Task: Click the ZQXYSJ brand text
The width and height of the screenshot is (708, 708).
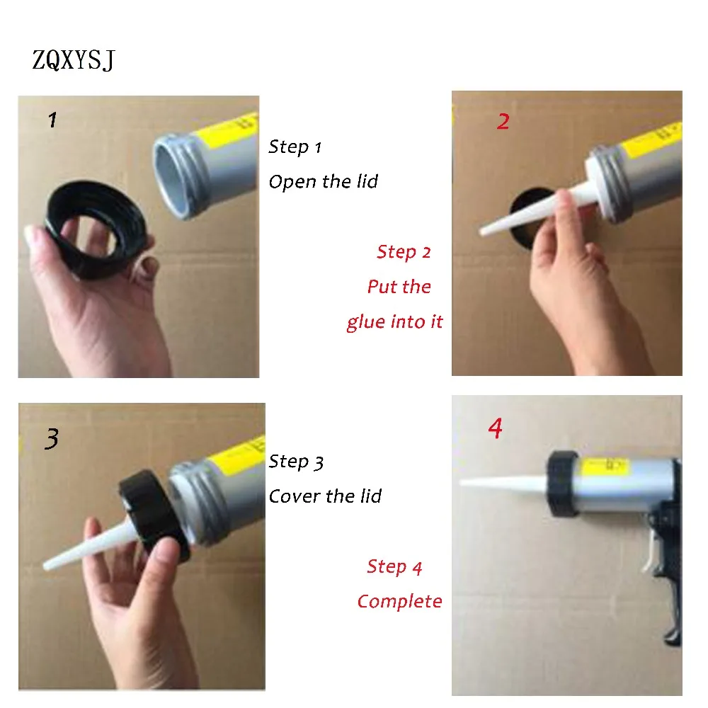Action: (x=74, y=60)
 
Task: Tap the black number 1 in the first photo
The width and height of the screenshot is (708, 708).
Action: (x=53, y=120)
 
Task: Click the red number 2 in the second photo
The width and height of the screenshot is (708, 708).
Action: (x=503, y=122)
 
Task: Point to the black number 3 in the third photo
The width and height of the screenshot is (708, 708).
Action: (x=52, y=438)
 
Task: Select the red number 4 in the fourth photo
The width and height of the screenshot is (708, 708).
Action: (x=496, y=428)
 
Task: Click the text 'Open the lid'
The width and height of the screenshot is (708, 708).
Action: (x=324, y=182)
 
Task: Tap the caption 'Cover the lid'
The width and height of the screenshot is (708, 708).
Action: (x=325, y=496)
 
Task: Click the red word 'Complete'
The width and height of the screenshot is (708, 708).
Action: (x=399, y=601)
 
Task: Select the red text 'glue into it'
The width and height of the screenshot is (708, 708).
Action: (x=394, y=322)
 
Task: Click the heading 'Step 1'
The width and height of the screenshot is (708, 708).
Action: (x=295, y=147)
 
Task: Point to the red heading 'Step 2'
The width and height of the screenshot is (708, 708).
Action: (x=404, y=252)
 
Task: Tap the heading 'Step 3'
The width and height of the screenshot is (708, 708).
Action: (x=296, y=462)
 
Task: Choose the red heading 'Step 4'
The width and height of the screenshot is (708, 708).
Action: (x=394, y=566)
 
